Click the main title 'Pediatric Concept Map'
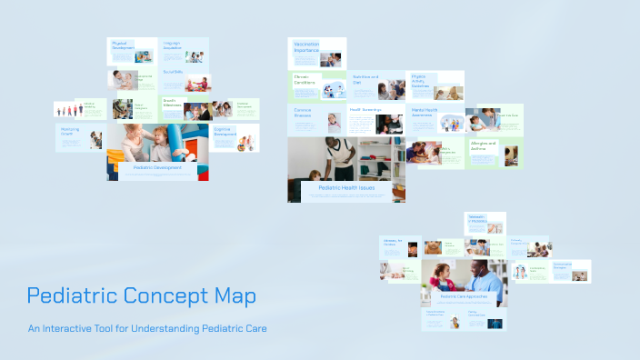141,296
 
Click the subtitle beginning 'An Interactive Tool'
146,328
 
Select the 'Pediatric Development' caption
157,167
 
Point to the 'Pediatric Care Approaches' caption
464,296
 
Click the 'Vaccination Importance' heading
306,46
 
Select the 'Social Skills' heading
173,72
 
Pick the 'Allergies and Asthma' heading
483,145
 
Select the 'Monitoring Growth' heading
70,131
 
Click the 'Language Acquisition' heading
172,45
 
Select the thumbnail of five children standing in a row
67,110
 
